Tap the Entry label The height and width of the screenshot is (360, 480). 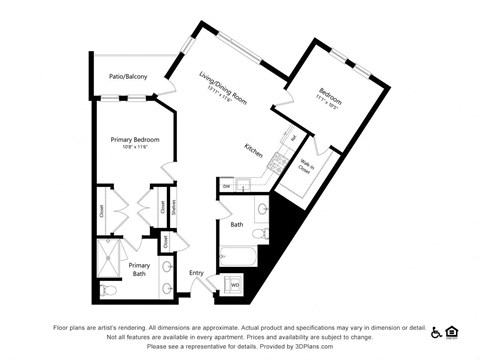pos(196,272)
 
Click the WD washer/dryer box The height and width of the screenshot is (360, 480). pos(236,286)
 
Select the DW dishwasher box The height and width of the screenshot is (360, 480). pos(227,187)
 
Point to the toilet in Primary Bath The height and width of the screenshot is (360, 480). pos(109,290)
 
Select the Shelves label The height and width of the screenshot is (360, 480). pos(174,209)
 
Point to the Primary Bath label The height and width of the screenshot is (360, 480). pos(139,268)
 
